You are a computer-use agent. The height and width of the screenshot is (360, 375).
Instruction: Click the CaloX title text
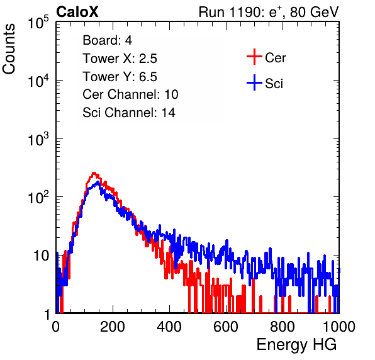tap(77, 12)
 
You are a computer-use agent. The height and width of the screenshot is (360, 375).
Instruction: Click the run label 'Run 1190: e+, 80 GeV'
tap(269, 12)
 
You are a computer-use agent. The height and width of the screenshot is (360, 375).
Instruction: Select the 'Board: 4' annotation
tap(107, 40)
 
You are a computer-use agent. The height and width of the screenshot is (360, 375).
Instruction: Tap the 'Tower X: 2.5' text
tap(120, 59)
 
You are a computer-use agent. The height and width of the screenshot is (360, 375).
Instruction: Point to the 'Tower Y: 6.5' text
tap(120, 77)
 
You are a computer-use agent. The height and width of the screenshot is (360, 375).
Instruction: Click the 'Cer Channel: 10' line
tap(130, 94)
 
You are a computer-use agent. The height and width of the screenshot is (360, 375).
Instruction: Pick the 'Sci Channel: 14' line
tap(129, 113)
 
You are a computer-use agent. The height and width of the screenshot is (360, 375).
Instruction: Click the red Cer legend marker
tap(254, 57)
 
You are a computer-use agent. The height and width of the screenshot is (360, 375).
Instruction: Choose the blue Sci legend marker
tap(254, 82)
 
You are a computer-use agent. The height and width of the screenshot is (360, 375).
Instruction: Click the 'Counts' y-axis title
tap(9, 49)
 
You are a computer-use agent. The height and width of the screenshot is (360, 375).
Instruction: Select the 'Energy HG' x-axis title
tap(296, 345)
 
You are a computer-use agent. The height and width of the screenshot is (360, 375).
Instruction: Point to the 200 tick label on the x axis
tap(113, 327)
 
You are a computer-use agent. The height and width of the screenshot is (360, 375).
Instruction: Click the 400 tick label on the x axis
tap(169, 327)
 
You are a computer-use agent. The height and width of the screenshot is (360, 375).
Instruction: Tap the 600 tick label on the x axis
tap(226, 327)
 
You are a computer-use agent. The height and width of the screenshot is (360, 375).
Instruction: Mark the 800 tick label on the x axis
tap(283, 327)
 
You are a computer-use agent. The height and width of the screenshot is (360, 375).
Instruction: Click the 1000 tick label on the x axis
tap(339, 327)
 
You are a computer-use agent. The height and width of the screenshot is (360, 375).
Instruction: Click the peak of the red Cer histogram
tap(94, 173)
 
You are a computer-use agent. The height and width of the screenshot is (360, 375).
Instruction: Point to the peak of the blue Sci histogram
tap(98, 183)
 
